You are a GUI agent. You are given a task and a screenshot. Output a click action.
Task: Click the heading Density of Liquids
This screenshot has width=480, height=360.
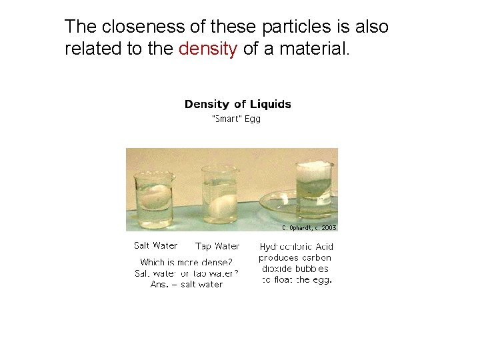[237, 104]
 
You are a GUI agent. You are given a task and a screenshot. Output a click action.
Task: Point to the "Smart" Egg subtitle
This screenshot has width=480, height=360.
[236, 119]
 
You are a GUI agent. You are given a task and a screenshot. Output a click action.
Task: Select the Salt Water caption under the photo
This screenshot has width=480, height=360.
[155, 245]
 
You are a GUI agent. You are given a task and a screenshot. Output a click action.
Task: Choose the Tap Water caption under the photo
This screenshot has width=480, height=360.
[217, 246]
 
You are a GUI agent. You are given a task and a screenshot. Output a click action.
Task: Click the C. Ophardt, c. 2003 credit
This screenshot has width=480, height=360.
[309, 227]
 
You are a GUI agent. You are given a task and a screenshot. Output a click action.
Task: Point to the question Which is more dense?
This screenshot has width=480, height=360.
[186, 262]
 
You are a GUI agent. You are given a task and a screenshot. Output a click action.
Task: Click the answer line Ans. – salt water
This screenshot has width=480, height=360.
[187, 284]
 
